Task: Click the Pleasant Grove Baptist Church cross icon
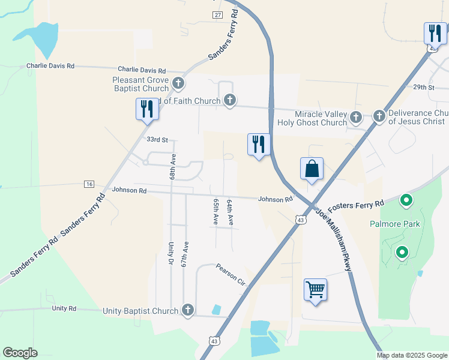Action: pos(178,83)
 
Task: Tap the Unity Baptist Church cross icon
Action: pos(187,310)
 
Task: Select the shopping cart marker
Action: pos(315,290)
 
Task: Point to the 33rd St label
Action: pos(157,139)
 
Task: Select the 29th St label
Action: pos(423,87)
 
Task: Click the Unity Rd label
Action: pos(64,308)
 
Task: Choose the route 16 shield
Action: pos(89,184)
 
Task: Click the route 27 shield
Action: pos(217,14)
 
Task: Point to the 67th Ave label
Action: pos(186,254)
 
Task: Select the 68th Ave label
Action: pos(172,166)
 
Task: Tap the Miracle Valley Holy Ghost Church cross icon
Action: pos(356,116)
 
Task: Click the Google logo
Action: pos(20,353)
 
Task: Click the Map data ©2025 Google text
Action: pos(412,355)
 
